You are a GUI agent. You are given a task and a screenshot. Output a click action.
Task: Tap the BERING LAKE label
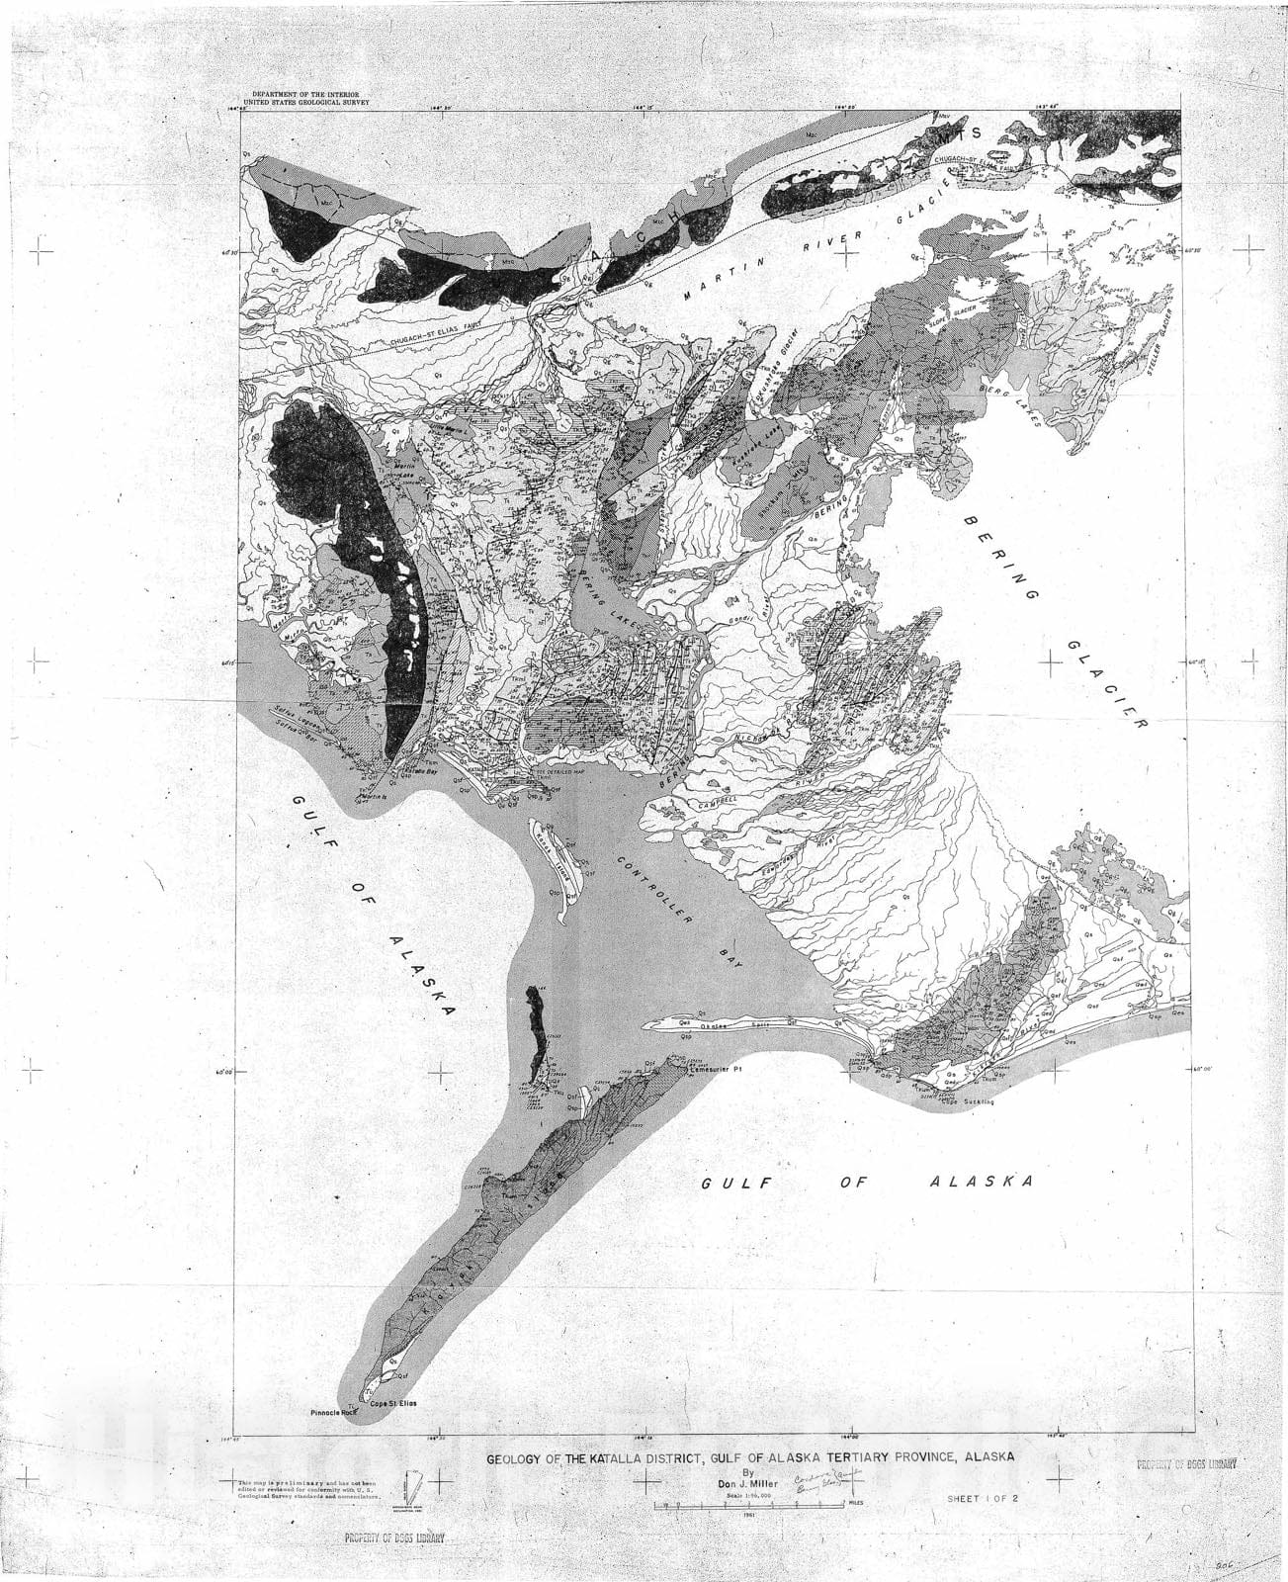(x=607, y=596)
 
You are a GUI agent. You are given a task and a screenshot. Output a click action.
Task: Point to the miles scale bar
(x=748, y=1505)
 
